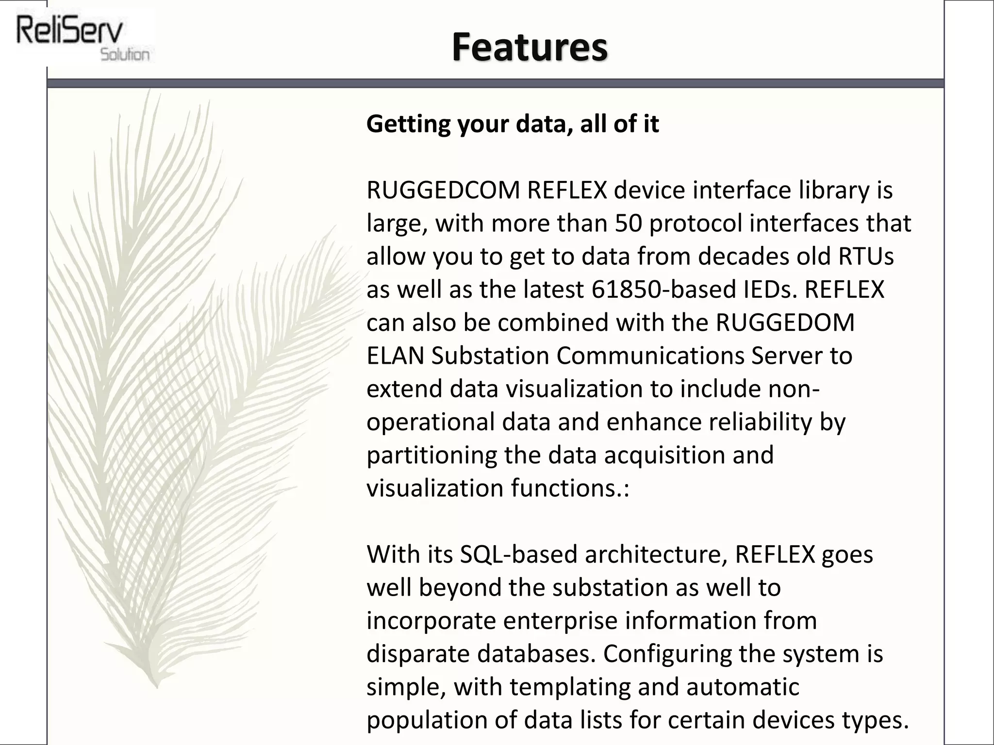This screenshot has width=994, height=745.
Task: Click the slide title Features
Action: (530, 47)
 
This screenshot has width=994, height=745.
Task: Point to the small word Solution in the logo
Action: (125, 54)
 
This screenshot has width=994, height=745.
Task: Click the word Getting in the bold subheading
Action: (408, 124)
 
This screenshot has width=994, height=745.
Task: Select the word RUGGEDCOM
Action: (443, 190)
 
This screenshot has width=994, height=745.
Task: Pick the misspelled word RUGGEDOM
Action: (785, 323)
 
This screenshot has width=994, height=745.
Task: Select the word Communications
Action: (650, 356)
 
